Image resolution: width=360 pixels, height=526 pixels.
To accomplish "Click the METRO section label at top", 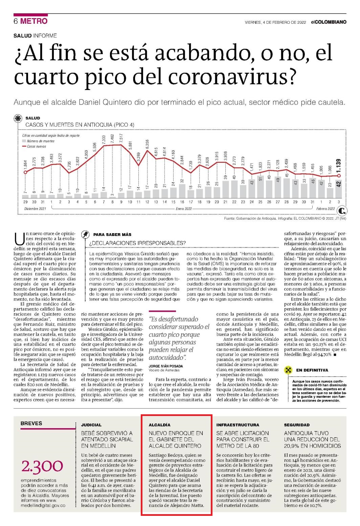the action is [34, 21].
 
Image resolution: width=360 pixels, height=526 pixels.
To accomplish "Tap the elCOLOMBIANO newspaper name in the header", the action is [329, 22].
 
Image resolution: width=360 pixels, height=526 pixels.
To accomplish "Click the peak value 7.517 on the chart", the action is [121, 138].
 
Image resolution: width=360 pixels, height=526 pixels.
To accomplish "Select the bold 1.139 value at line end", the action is [338, 166].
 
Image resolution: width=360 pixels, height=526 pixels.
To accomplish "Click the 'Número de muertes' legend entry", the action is [38, 141].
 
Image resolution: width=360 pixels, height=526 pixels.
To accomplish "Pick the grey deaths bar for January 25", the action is [260, 187].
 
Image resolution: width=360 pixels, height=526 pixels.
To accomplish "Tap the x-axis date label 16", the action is [182, 202].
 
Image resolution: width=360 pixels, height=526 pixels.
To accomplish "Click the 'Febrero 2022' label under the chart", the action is [325, 209].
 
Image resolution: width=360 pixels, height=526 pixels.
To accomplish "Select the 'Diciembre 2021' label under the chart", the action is [35, 209].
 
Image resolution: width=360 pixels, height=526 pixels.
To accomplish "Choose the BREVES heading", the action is [31, 423].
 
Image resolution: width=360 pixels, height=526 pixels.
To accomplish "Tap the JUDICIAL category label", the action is [91, 425].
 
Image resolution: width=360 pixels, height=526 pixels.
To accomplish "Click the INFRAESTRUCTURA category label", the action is [238, 425].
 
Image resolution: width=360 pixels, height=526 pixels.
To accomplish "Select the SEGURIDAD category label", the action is [297, 425].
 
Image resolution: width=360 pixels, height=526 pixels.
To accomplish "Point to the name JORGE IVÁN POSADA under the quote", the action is [166, 366].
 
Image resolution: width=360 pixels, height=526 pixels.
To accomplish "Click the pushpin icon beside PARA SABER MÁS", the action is [85, 234].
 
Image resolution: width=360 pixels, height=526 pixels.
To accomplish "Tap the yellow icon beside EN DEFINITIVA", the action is [288, 370].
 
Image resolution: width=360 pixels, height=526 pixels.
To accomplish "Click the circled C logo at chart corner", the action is [342, 211].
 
